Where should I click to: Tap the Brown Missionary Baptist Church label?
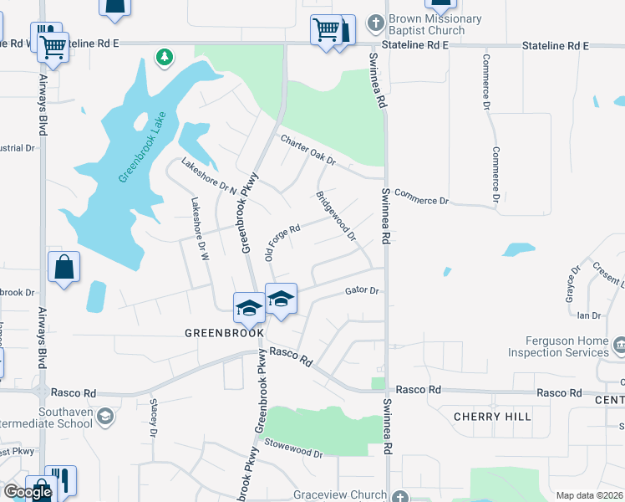click(x=434, y=24)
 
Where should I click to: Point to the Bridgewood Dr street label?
click(x=335, y=216)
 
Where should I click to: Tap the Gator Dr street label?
click(x=363, y=291)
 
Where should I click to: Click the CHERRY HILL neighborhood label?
click(x=493, y=416)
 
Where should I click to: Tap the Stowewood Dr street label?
click(x=293, y=452)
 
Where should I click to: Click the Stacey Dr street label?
click(x=154, y=418)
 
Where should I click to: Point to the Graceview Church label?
click(x=340, y=494)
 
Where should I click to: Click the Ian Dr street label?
click(x=589, y=315)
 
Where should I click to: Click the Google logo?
click(x=28, y=492)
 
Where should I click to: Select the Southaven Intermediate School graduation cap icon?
click(x=105, y=416)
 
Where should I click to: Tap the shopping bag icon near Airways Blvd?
click(x=64, y=268)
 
